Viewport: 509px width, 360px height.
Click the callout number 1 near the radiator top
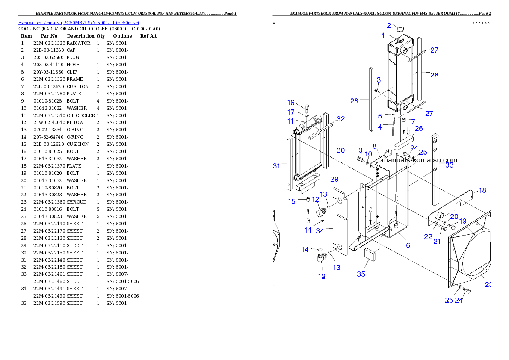[383, 35]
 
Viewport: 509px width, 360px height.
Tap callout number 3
[379, 80]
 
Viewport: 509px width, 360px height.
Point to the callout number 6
[408, 245]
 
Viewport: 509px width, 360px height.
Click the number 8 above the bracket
[375, 146]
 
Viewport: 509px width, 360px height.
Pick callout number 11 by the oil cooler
[290, 121]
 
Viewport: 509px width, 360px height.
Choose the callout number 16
[291, 103]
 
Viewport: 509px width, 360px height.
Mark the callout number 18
[482, 190]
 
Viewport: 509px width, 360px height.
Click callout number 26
[419, 128]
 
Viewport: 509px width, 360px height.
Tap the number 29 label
[334, 179]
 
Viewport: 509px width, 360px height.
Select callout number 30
[340, 150]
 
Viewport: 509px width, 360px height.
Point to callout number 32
[340, 119]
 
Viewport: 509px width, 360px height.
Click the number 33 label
[449, 165]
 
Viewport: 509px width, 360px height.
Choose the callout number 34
[320, 231]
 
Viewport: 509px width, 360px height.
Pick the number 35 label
[361, 274]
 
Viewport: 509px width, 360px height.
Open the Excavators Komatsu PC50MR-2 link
[78, 22]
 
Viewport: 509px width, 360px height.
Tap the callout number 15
[292, 201]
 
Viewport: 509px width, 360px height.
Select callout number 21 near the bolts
[437, 241]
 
